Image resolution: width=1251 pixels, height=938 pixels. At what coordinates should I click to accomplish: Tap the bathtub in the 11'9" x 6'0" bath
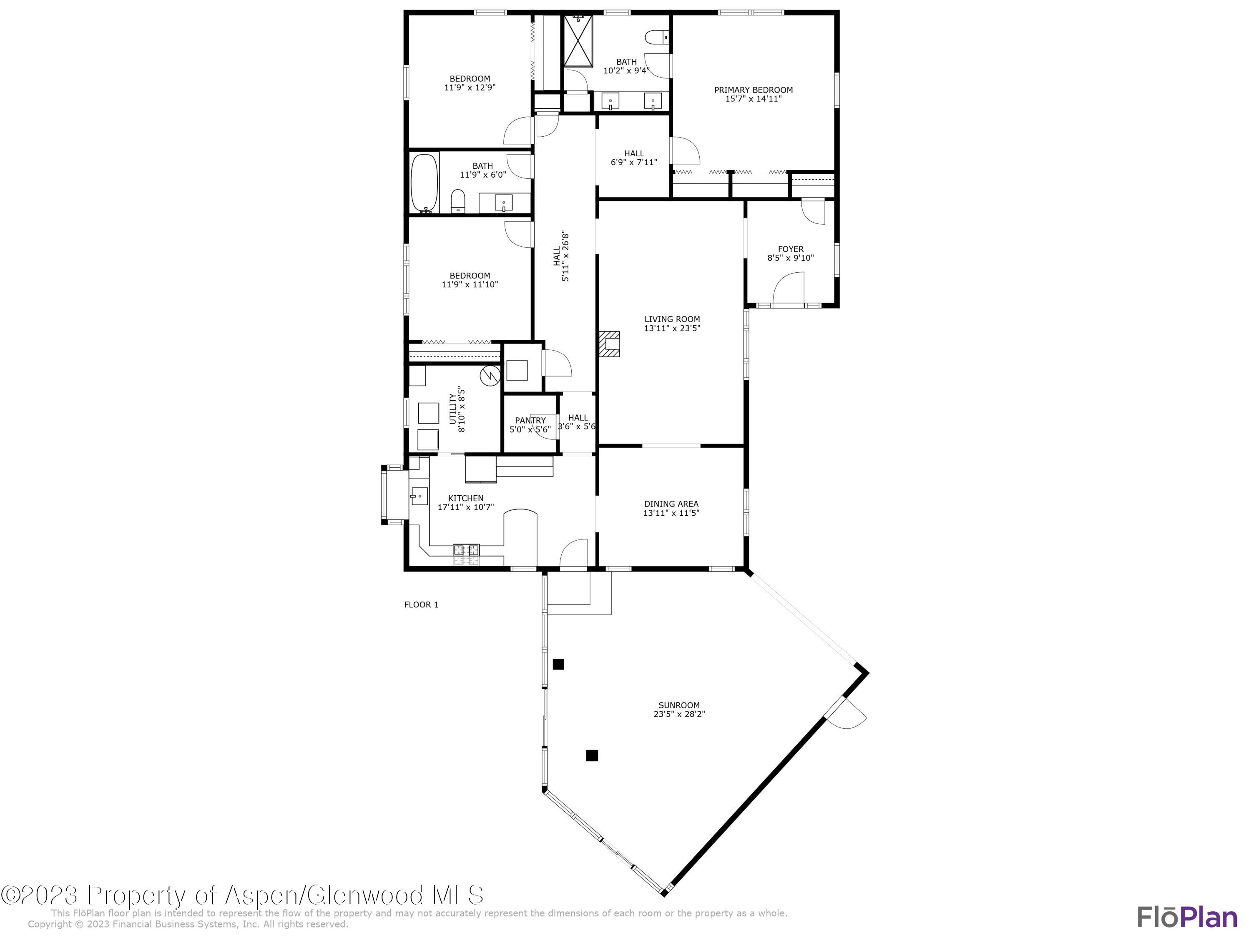[424, 183]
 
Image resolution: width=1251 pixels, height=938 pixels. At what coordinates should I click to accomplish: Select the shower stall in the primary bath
[578, 41]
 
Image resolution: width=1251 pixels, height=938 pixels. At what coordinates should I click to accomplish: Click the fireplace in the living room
[610, 344]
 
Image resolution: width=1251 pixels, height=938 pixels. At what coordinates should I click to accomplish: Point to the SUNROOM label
[678, 705]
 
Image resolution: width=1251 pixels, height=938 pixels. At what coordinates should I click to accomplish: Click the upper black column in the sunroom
[558, 665]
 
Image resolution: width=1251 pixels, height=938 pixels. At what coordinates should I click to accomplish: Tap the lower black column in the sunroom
[592, 755]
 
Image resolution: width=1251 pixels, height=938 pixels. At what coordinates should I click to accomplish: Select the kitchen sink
[419, 497]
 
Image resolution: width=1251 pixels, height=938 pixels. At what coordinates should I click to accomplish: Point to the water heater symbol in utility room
[490, 376]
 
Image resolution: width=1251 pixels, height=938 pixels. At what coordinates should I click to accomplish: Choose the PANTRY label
[530, 420]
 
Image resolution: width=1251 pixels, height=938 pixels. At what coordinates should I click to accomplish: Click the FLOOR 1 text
[421, 605]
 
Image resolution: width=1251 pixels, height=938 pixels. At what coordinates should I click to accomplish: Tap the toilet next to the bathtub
[457, 201]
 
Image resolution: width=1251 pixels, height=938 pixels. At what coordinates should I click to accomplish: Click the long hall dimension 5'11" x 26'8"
[565, 256]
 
